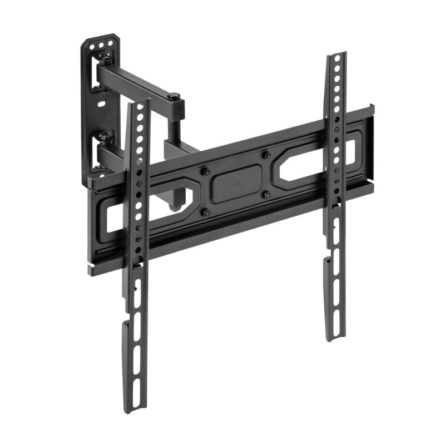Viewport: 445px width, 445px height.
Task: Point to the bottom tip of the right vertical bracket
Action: pyautogui.click(x=335, y=339)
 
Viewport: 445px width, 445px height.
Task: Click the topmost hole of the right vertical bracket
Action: pyautogui.click(x=336, y=60)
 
